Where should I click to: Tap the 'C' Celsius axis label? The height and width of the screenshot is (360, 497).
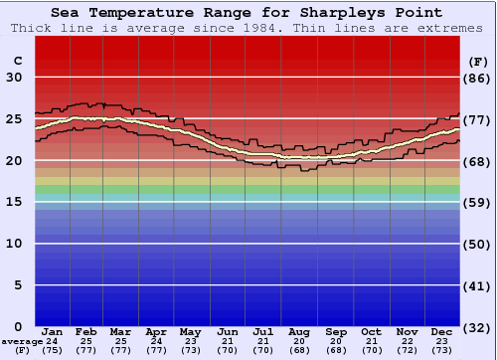[17, 61]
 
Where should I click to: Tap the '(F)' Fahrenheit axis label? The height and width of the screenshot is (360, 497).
[477, 61]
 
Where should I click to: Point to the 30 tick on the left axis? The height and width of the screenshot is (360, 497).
[13, 78]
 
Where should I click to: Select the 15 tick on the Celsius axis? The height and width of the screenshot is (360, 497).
[13, 202]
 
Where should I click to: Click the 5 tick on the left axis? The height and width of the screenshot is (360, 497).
[17, 285]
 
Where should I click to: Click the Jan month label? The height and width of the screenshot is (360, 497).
[53, 331]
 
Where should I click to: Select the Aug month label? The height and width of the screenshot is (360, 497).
[299, 331]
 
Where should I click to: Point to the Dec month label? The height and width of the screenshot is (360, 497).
[442, 331]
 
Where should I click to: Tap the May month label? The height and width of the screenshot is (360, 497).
[189, 331]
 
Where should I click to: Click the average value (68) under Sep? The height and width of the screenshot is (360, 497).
[335, 351]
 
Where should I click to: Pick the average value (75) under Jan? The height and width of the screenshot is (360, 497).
[53, 351]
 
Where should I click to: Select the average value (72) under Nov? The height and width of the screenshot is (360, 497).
[407, 351]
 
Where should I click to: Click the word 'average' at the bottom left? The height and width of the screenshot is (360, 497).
[22, 342]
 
